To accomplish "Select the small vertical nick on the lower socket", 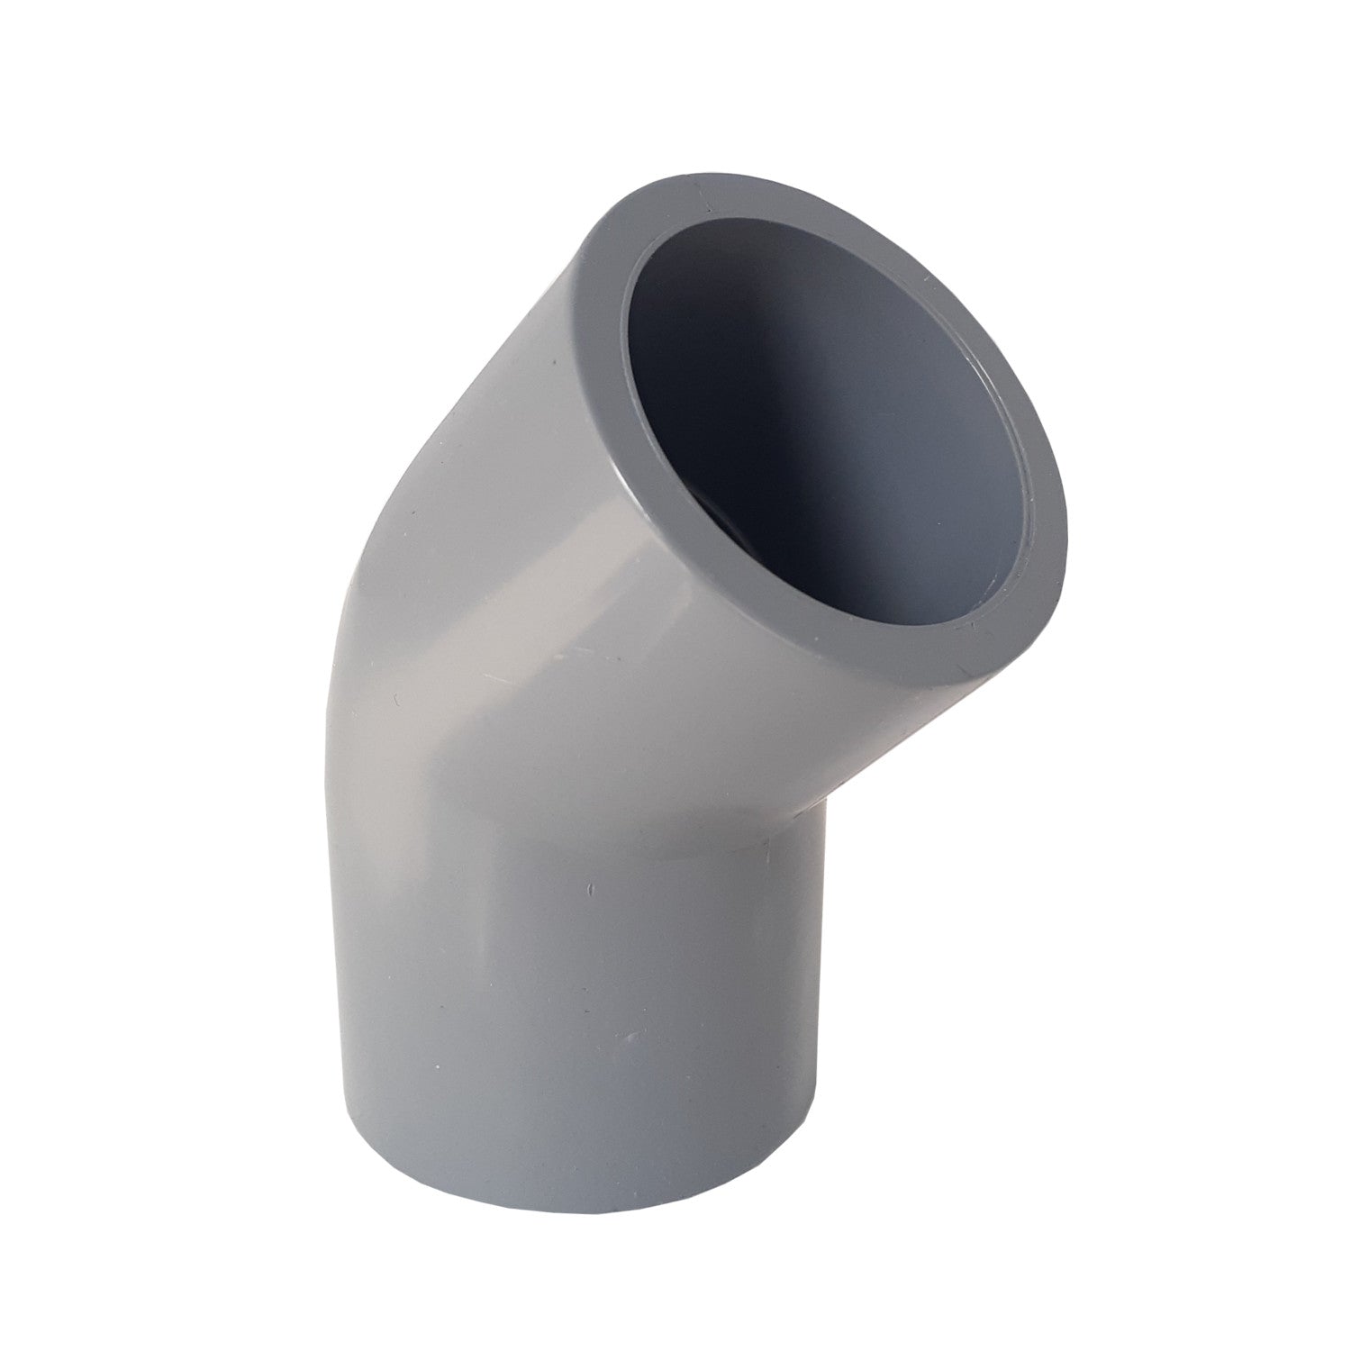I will coord(590,892).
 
